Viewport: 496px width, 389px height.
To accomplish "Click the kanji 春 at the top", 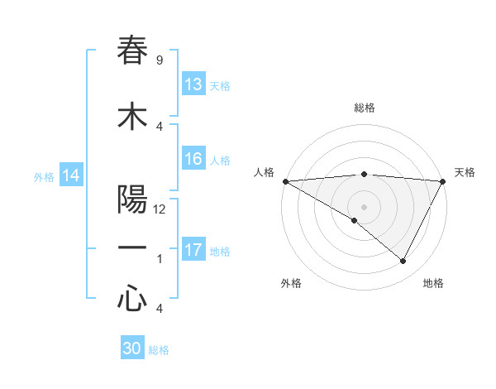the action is [133, 50].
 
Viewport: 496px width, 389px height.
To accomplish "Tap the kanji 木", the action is [133, 117].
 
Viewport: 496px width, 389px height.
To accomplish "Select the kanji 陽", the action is [133, 200].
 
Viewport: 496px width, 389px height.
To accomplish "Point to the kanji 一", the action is [133, 248].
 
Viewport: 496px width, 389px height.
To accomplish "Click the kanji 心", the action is [133, 298].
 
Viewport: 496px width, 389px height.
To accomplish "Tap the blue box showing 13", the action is [193, 84].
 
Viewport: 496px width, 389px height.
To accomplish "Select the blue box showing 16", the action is [193, 159].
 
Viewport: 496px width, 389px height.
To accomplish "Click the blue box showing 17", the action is [193, 250].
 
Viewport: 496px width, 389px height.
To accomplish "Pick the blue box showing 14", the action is [71, 175].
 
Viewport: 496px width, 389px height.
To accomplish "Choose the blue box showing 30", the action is [132, 349].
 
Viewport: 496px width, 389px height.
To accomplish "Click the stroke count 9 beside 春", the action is [159, 60].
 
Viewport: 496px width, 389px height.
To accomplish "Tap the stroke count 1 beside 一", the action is [159, 258].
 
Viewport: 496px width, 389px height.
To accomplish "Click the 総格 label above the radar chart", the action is [364, 108].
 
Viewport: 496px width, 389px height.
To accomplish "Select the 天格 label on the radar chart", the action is [465, 172].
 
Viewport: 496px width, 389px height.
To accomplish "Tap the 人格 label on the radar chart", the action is [264, 172].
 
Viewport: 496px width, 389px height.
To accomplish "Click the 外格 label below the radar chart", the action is [291, 283].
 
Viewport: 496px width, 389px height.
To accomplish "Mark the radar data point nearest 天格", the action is [443, 180].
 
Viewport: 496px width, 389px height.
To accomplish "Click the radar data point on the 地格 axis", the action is [403, 261].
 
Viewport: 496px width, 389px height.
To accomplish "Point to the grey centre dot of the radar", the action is [364, 206].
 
